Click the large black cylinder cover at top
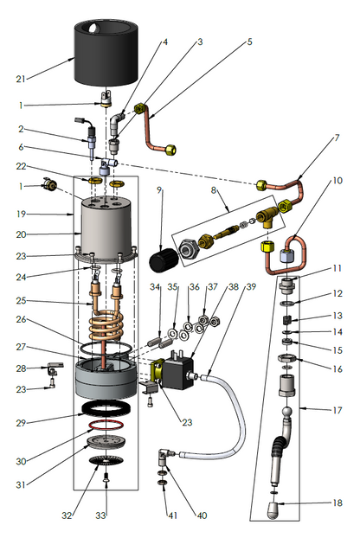[x=107, y=52]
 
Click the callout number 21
[x=21, y=79]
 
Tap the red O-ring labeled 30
[x=106, y=426]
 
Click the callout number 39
[x=251, y=286]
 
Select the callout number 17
[x=337, y=410]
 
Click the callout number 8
[x=214, y=190]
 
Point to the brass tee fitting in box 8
[x=269, y=217]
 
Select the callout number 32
[x=67, y=516]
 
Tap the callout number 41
[x=172, y=516]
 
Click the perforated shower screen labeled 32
[x=106, y=460]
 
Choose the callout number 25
[x=21, y=300]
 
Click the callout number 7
[x=337, y=138]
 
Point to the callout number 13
[x=337, y=316]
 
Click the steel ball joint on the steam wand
[x=287, y=412]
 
